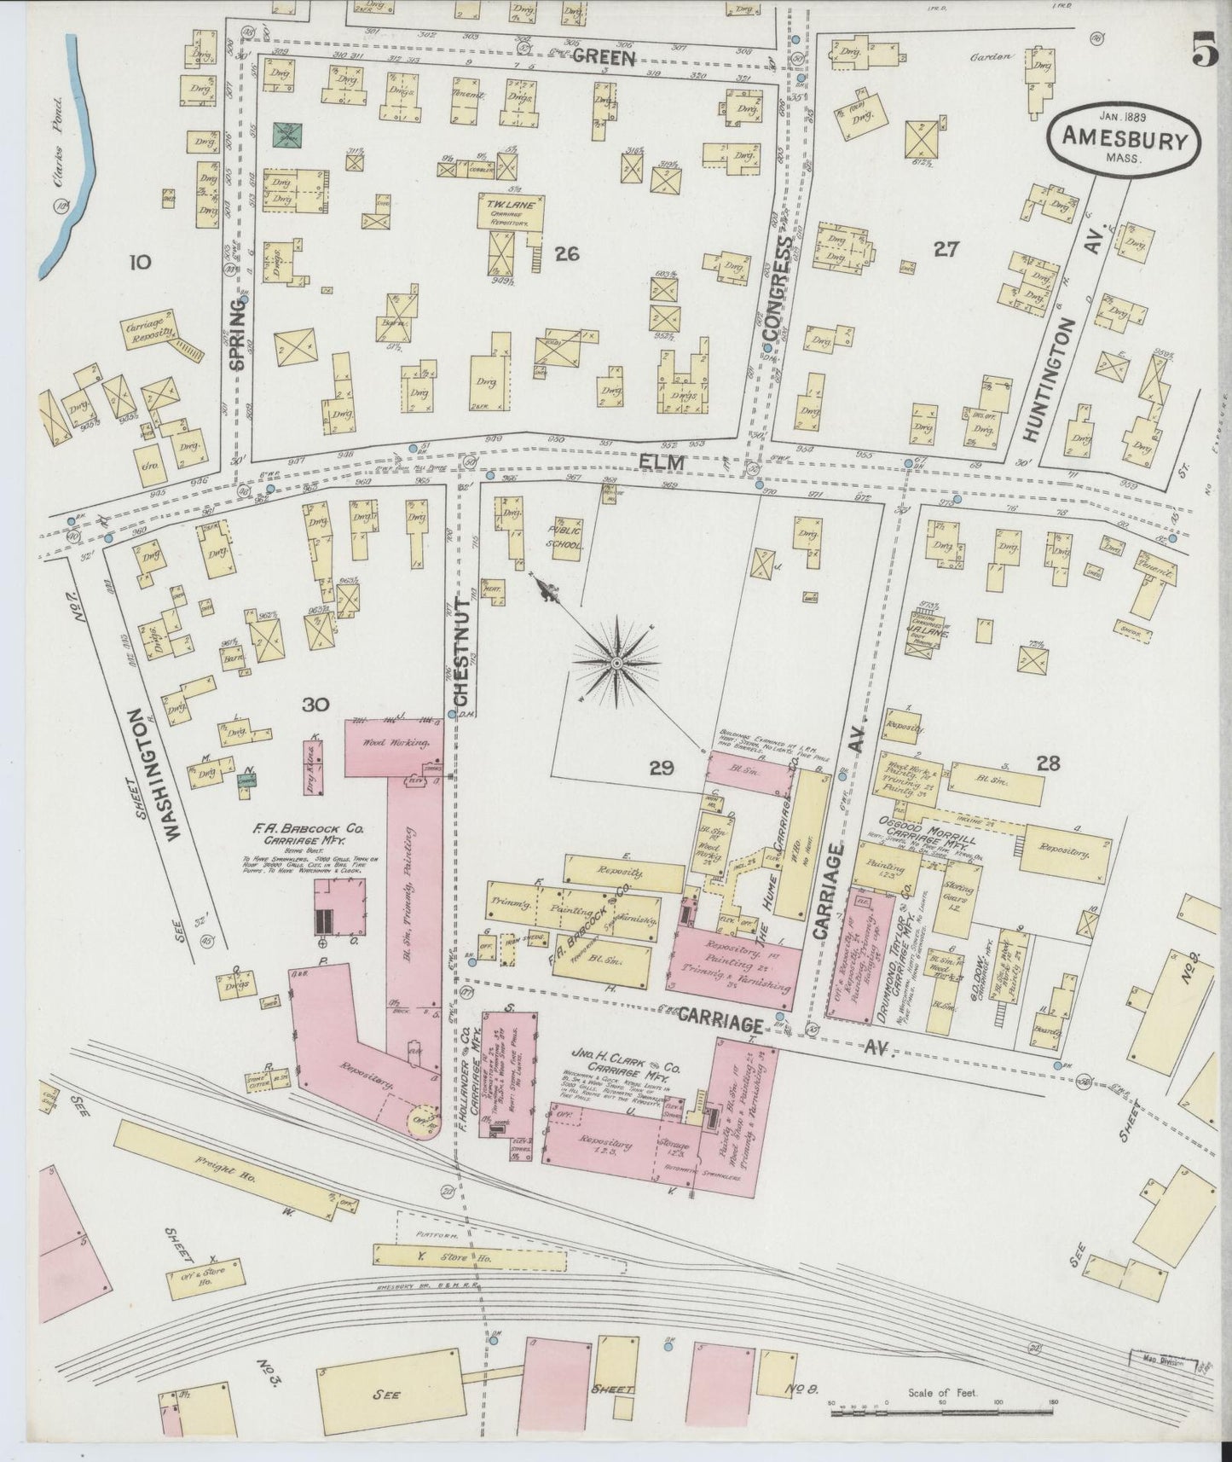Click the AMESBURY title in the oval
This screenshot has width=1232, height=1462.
click(1125, 140)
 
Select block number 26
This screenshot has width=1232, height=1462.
click(566, 252)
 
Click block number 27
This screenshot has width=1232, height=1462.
click(946, 249)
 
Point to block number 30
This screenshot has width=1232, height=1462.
click(315, 704)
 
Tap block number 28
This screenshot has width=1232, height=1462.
click(1047, 763)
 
